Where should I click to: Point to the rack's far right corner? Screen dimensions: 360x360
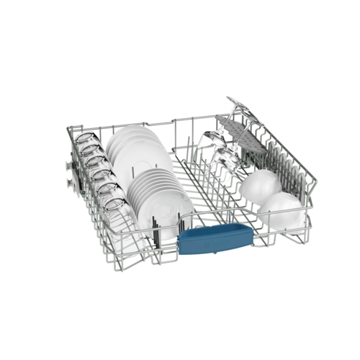[314, 199]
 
